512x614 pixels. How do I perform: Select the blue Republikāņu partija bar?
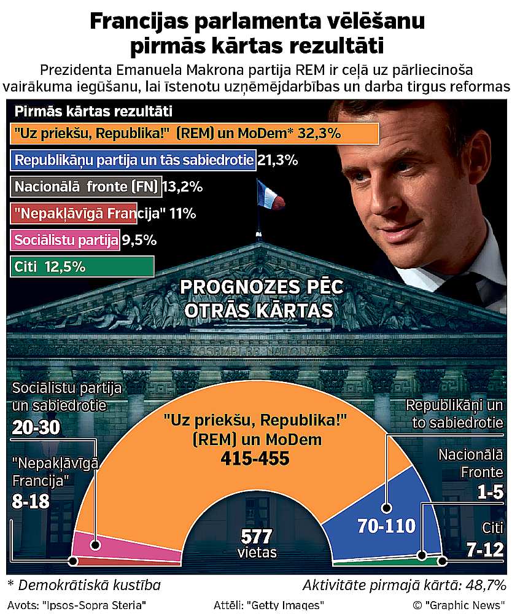(x=133, y=160)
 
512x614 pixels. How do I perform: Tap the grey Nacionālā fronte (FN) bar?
(x=86, y=187)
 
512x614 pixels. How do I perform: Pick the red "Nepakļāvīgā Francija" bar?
(x=74, y=214)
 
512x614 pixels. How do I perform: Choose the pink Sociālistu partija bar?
(x=65, y=240)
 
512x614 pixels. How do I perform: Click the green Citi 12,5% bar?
(x=82, y=267)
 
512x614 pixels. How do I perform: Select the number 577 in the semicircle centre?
(x=256, y=535)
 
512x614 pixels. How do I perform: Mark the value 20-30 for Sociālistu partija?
(x=36, y=428)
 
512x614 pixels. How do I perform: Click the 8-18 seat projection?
(x=30, y=502)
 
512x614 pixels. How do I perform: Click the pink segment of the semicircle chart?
(x=123, y=546)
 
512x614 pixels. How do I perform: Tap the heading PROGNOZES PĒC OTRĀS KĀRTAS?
(x=260, y=298)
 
